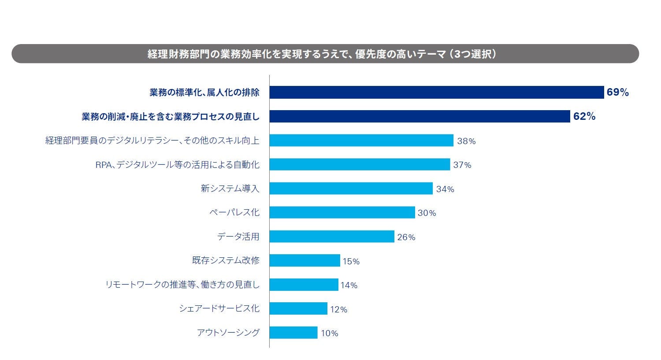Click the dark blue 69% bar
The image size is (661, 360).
pyautogui.click(x=436, y=93)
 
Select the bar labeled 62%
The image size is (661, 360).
pyautogui.click(x=420, y=116)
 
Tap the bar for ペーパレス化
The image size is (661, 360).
pyautogui.click(x=342, y=212)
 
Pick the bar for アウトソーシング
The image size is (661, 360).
pyautogui.click(x=293, y=333)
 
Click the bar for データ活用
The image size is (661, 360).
pyautogui.click(x=331, y=237)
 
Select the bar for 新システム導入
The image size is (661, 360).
pyautogui.click(x=351, y=189)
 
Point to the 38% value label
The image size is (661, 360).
pyautogui.click(x=466, y=141)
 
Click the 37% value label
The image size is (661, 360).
pyautogui.click(x=462, y=165)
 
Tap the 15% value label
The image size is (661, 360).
pyautogui.click(x=351, y=261)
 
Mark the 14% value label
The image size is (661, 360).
pyautogui.click(x=349, y=285)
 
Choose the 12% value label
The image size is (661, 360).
pyautogui.click(x=338, y=309)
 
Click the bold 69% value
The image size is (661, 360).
pyautogui.click(x=617, y=93)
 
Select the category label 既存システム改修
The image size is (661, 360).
pyautogui.click(x=226, y=260)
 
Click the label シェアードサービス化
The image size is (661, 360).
pyautogui.click(x=219, y=308)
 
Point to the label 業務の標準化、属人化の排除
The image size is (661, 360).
pyautogui.click(x=204, y=93)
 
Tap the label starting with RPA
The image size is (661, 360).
pyautogui.click(x=177, y=165)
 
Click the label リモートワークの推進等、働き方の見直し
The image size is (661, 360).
pyautogui.click(x=182, y=285)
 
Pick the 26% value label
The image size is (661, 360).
pyautogui.click(x=406, y=237)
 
